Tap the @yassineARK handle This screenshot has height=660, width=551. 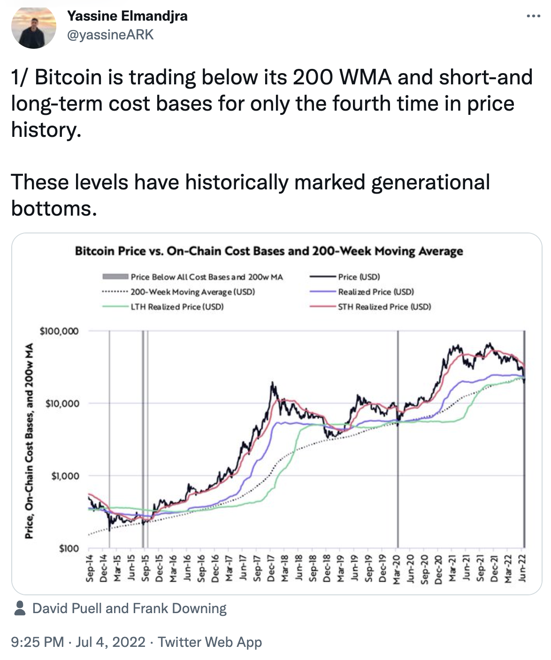pyautogui.click(x=110, y=35)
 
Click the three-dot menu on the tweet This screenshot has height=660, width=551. pyautogui.click(x=533, y=16)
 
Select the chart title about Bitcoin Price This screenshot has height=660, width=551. pyautogui.click(x=269, y=251)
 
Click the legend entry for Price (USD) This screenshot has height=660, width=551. pyautogui.click(x=359, y=277)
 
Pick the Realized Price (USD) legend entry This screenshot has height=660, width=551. pyautogui.click(x=376, y=292)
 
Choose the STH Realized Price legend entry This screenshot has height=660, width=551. pyautogui.click(x=384, y=307)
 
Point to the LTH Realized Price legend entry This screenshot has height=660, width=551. pyautogui.click(x=177, y=307)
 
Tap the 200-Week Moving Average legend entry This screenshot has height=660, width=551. pyautogui.click(x=192, y=292)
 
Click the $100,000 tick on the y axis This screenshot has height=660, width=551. pyautogui.click(x=60, y=331)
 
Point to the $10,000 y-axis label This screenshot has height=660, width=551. pyautogui.click(x=62, y=404)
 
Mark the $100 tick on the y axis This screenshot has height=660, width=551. pyautogui.click(x=69, y=548)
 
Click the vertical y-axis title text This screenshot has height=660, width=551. pyautogui.click(x=29, y=441)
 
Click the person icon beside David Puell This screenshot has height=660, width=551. pyautogui.click(x=20, y=608)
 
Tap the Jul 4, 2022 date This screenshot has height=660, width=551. pyautogui.click(x=110, y=642)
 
